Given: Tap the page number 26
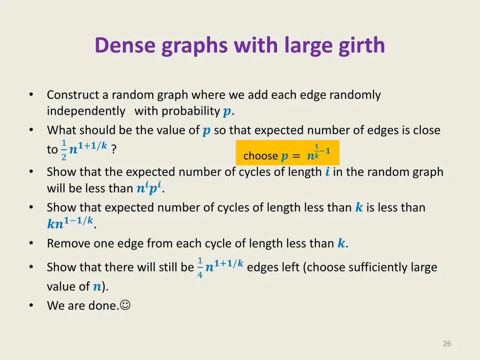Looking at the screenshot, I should (x=447, y=344).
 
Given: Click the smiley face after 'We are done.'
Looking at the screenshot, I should (x=125, y=306).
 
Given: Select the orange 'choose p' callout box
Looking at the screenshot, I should (x=287, y=153).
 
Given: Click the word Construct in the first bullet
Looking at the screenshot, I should (x=73, y=95).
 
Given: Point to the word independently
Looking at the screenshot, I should (x=86, y=111).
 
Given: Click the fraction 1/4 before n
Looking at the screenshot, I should (x=200, y=268).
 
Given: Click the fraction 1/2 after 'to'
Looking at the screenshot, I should (x=64, y=150).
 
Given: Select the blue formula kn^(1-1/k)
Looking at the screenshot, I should (x=70, y=223).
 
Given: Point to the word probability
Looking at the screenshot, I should (x=191, y=111).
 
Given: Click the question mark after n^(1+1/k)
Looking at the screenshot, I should (x=114, y=150).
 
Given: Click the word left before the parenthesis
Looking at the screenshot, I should (x=291, y=268).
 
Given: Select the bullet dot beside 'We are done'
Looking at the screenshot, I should (x=31, y=306).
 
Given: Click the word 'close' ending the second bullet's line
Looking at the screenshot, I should (x=427, y=130).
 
